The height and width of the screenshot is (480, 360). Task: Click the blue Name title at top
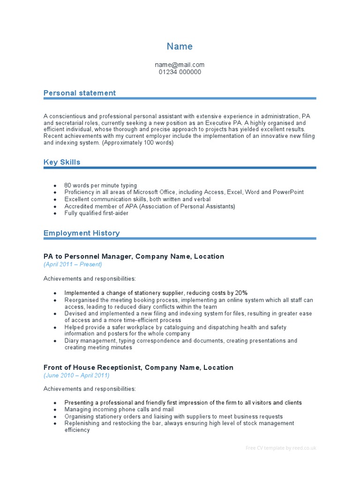(x=180, y=46)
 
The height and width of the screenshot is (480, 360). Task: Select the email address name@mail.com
(x=180, y=65)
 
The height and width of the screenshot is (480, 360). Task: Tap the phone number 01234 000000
(x=180, y=72)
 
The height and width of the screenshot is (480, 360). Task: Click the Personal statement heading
(x=79, y=93)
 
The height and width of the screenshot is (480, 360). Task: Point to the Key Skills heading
(x=61, y=162)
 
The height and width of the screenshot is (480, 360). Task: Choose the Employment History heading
(x=81, y=233)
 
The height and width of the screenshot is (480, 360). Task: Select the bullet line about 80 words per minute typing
(x=100, y=186)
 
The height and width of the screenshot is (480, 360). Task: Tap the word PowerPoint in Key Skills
(x=288, y=192)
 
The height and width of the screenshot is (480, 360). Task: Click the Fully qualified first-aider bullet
(x=96, y=213)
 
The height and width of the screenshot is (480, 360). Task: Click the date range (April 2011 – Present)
(x=73, y=264)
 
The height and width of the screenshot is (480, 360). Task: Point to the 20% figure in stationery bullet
(x=241, y=293)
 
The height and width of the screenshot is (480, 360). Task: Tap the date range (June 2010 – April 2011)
(x=76, y=375)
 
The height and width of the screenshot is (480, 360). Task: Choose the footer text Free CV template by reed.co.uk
(x=281, y=448)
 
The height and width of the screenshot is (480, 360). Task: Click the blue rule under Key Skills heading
(x=180, y=168)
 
